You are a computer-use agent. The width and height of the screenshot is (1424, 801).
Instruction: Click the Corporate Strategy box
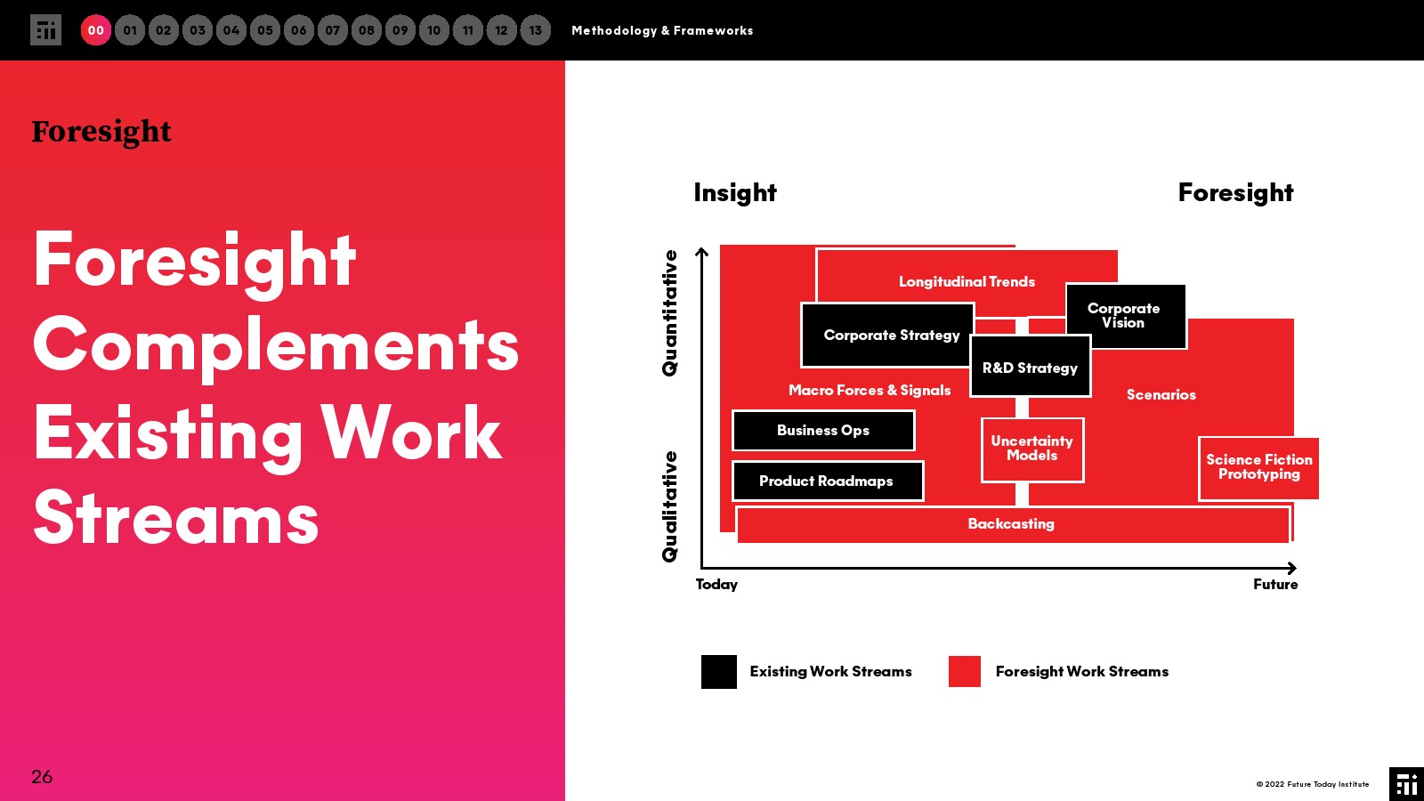tap(887, 335)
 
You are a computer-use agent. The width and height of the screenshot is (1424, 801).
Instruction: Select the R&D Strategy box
tap(1030, 367)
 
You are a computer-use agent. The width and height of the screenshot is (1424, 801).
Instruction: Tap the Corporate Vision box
tap(1125, 316)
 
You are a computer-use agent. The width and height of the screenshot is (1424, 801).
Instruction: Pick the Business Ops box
tap(823, 431)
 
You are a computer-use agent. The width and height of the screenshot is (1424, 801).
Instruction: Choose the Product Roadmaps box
tap(828, 481)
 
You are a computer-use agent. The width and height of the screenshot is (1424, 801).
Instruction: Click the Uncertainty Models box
tap(1032, 450)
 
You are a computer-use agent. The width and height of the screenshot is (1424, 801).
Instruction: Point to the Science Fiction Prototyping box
tap(1258, 468)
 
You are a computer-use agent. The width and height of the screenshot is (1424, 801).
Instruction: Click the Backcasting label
tap(1011, 524)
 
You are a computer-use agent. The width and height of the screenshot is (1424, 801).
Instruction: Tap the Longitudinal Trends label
tap(967, 281)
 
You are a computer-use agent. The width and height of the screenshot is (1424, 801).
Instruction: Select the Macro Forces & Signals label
tap(870, 391)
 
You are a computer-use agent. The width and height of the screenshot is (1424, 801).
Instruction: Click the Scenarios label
tap(1161, 395)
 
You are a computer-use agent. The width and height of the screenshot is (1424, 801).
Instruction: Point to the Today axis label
tap(716, 585)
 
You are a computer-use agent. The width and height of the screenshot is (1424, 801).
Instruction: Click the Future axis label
tap(1275, 584)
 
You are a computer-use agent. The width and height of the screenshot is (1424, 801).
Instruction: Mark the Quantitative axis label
tap(669, 312)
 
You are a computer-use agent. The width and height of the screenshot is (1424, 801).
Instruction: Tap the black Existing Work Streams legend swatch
tap(719, 672)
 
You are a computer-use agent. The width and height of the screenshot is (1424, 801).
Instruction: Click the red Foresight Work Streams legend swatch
tap(965, 671)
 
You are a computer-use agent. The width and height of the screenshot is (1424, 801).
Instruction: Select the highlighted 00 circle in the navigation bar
tap(96, 30)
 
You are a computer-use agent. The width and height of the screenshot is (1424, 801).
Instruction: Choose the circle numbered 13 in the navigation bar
tap(535, 30)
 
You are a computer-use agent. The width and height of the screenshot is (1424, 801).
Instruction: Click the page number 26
tap(42, 777)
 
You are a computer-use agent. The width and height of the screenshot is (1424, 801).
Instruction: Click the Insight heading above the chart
tap(735, 192)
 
